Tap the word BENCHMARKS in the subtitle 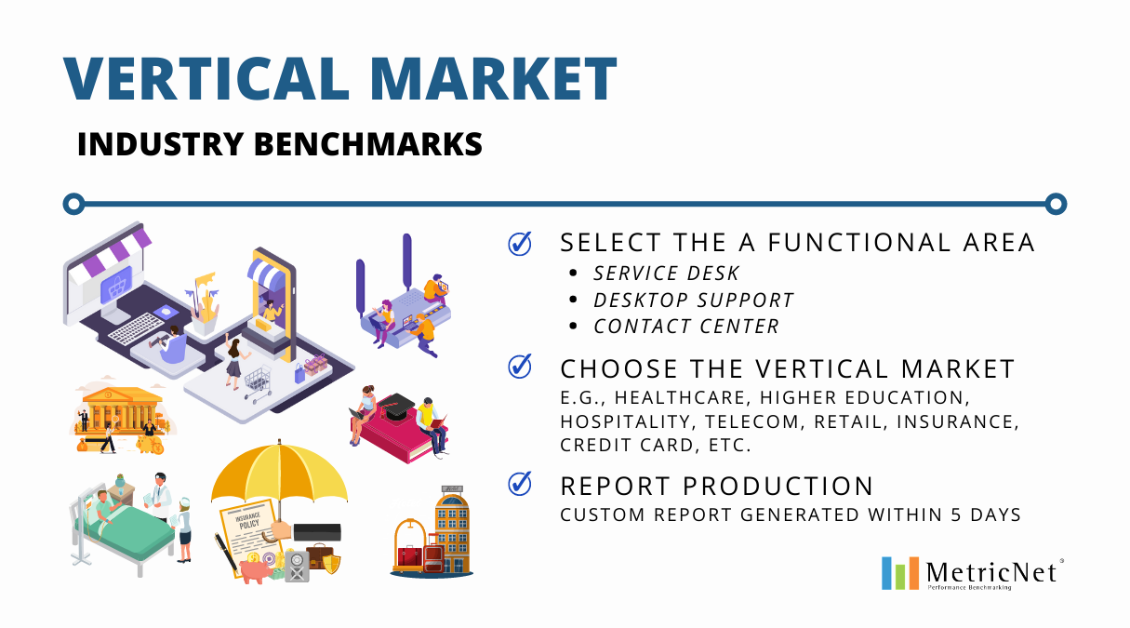coord(368,144)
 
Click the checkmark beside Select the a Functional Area coord(520,244)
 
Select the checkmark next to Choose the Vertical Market coord(520,366)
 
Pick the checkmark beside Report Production coord(520,484)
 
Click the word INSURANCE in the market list coord(957,421)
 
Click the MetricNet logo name coord(991,572)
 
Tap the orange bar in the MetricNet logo coord(913,573)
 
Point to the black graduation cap coord(396,407)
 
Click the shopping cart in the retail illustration coord(258,383)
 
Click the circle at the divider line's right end coord(1056,204)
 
